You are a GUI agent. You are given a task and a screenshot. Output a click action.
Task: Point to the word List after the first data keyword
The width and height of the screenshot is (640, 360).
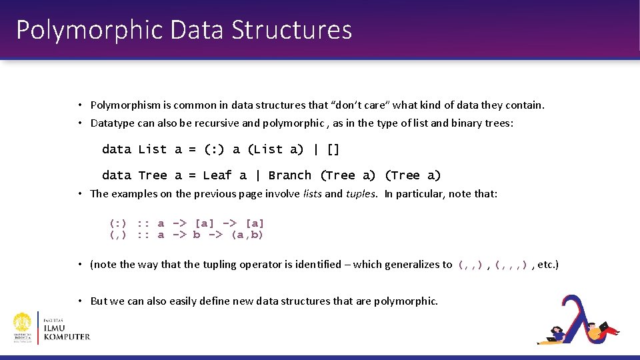(x=153, y=149)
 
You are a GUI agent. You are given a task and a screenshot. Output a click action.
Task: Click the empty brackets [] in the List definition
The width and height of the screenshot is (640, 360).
(x=333, y=149)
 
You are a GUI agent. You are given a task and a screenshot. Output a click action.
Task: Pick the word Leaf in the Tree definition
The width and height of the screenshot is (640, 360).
(x=217, y=175)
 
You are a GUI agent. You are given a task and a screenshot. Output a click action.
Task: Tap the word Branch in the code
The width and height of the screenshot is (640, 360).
(x=289, y=175)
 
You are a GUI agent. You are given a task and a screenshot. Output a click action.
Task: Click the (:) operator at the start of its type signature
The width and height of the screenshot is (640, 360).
(x=118, y=223)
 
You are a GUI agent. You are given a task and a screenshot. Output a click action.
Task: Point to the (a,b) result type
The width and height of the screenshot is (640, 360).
(x=247, y=235)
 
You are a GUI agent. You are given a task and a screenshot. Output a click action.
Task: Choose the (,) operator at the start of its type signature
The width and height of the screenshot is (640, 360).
(x=118, y=235)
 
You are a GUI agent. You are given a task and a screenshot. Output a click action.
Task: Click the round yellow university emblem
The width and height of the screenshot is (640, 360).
(x=23, y=327)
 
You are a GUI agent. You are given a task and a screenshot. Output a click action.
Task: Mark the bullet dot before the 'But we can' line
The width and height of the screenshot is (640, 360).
(x=79, y=301)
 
